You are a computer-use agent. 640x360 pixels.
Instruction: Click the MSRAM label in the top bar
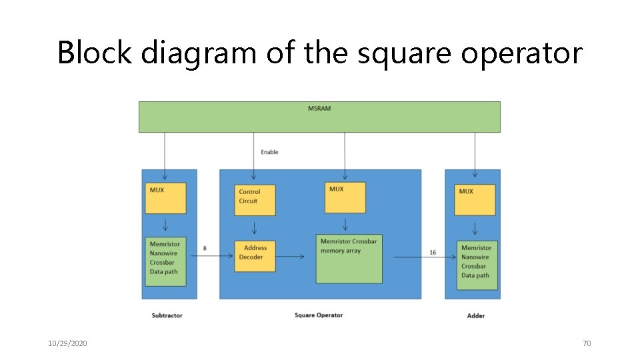pos(319,108)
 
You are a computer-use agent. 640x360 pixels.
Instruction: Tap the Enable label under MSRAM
pos(269,152)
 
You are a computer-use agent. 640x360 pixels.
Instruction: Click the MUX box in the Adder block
pos(475,200)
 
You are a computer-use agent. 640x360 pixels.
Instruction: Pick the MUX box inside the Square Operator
pos(345,197)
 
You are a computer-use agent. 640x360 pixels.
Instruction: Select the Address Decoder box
pos(254,256)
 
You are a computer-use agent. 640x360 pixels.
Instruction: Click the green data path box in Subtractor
pos(165,261)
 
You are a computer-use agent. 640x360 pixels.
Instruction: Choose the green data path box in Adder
pos(477,265)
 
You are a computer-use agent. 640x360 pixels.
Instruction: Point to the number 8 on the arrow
pos(205,249)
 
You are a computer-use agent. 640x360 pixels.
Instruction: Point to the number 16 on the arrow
pos(433,252)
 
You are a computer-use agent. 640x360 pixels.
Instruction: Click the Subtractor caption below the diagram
pos(167,315)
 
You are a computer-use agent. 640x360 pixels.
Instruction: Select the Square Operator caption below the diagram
pos(319,315)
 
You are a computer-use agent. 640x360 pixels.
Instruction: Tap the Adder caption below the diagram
pos(476,315)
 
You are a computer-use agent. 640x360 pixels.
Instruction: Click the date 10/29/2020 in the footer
pos(67,343)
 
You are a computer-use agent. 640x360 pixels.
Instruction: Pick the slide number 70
pos(587,343)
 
